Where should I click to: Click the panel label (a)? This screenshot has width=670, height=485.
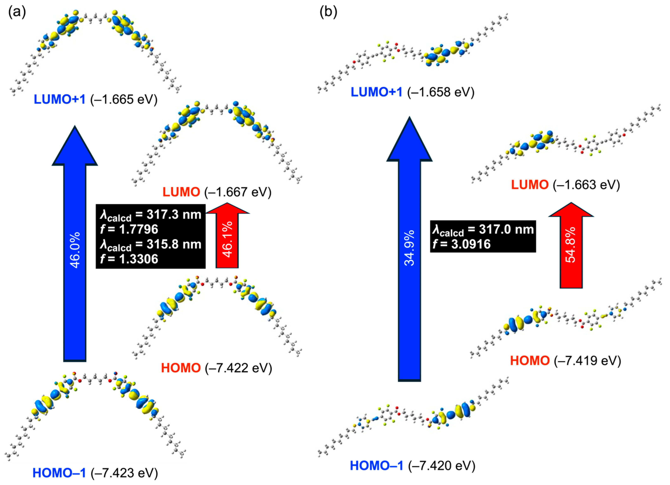[x=17, y=12]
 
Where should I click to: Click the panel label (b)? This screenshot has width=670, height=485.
[x=328, y=12]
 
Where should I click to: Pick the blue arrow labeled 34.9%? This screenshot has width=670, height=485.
[x=410, y=251]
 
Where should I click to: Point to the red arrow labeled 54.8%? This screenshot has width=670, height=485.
[x=571, y=248]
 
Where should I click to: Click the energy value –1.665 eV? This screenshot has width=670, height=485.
[x=124, y=99]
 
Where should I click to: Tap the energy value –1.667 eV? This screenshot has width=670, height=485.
[x=238, y=192]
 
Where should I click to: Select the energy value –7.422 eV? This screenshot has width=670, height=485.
[x=238, y=368]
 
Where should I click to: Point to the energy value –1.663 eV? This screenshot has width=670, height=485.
[x=586, y=185]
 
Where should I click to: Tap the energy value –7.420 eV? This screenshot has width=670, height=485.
[x=442, y=466]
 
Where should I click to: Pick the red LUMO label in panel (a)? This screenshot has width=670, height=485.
[x=181, y=192]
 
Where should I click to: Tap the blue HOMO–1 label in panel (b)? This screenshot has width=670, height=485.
[x=376, y=466]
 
